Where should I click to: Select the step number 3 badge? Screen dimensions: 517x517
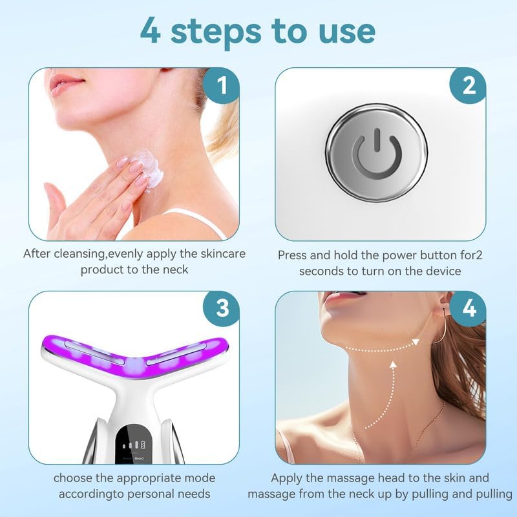pos(222,308)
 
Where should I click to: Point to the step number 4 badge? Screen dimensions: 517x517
pos(469,308)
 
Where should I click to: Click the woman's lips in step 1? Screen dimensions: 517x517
pos(67,85)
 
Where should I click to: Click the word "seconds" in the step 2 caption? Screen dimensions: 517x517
pos(324,271)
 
